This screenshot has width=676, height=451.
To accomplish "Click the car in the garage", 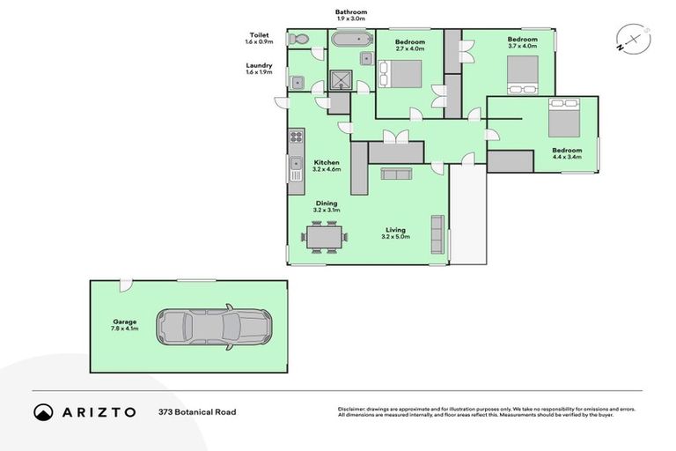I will [214, 327].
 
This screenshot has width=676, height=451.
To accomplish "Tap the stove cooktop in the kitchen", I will [296, 137].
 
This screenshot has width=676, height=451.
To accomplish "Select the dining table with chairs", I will [324, 237].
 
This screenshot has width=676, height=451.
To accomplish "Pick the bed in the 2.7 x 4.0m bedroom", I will [400, 74].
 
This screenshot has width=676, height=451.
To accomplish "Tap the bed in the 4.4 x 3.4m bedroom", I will [563, 118].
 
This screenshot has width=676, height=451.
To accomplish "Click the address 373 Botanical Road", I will [197, 412].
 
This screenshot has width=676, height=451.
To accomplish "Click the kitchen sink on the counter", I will [296, 167].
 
